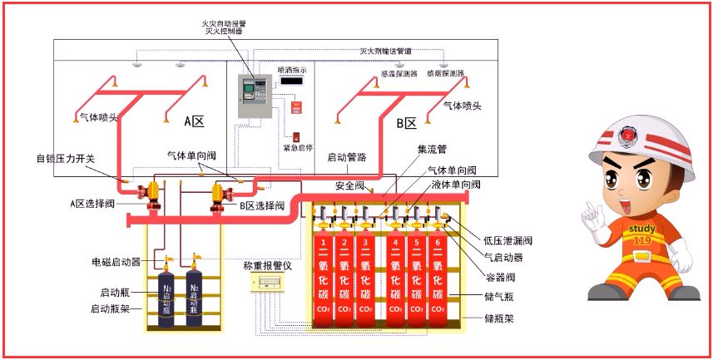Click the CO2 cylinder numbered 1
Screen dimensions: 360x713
322,279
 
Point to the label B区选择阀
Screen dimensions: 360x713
262,205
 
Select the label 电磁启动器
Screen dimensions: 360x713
114,262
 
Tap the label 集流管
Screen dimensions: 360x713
432,150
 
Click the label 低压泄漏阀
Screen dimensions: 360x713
507,240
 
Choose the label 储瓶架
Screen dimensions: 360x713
498,318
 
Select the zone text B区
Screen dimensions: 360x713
406,123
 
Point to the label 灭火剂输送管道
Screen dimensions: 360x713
385,51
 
